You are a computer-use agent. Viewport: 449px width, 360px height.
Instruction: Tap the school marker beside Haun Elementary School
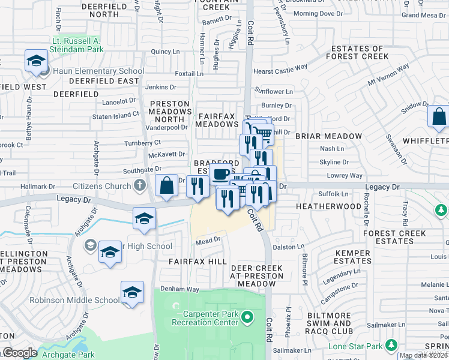pyautogui.click(x=36, y=62)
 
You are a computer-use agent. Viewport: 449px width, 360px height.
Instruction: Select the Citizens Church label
pyautogui.click(x=101, y=185)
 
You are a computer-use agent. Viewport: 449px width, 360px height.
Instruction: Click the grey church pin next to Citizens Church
pyautogui.click(x=139, y=185)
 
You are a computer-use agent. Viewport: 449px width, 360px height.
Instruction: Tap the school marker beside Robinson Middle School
pyautogui.click(x=132, y=293)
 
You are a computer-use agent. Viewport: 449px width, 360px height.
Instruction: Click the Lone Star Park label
pyautogui.click(x=356, y=346)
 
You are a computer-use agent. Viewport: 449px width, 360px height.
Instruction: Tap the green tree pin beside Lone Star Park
pyautogui.click(x=391, y=345)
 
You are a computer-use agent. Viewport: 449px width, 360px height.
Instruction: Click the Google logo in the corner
pyautogui.click(x=20, y=353)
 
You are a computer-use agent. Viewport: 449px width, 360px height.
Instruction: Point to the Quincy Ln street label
pyautogui.click(x=161, y=52)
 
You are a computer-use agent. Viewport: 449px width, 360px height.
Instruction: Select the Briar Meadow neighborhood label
pyautogui.click(x=330, y=136)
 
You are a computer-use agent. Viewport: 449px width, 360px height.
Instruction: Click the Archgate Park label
pyautogui.click(x=68, y=355)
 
